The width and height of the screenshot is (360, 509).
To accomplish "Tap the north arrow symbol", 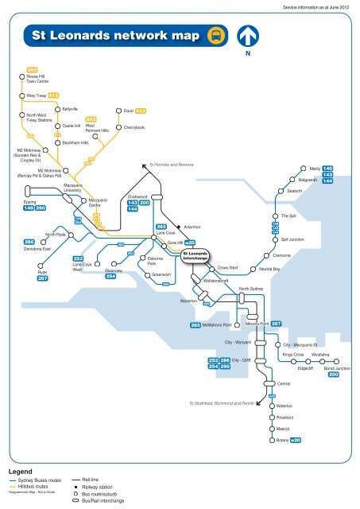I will tap(248, 37).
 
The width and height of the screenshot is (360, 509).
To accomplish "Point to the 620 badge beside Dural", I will tap(140, 111).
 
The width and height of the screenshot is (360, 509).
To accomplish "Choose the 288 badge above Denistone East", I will tap(29, 241).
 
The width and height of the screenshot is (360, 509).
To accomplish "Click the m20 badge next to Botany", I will tap(296, 440).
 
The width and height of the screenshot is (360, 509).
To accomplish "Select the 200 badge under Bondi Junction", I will tap(333, 375).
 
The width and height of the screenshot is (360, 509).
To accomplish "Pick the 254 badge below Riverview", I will tap(112, 277).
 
